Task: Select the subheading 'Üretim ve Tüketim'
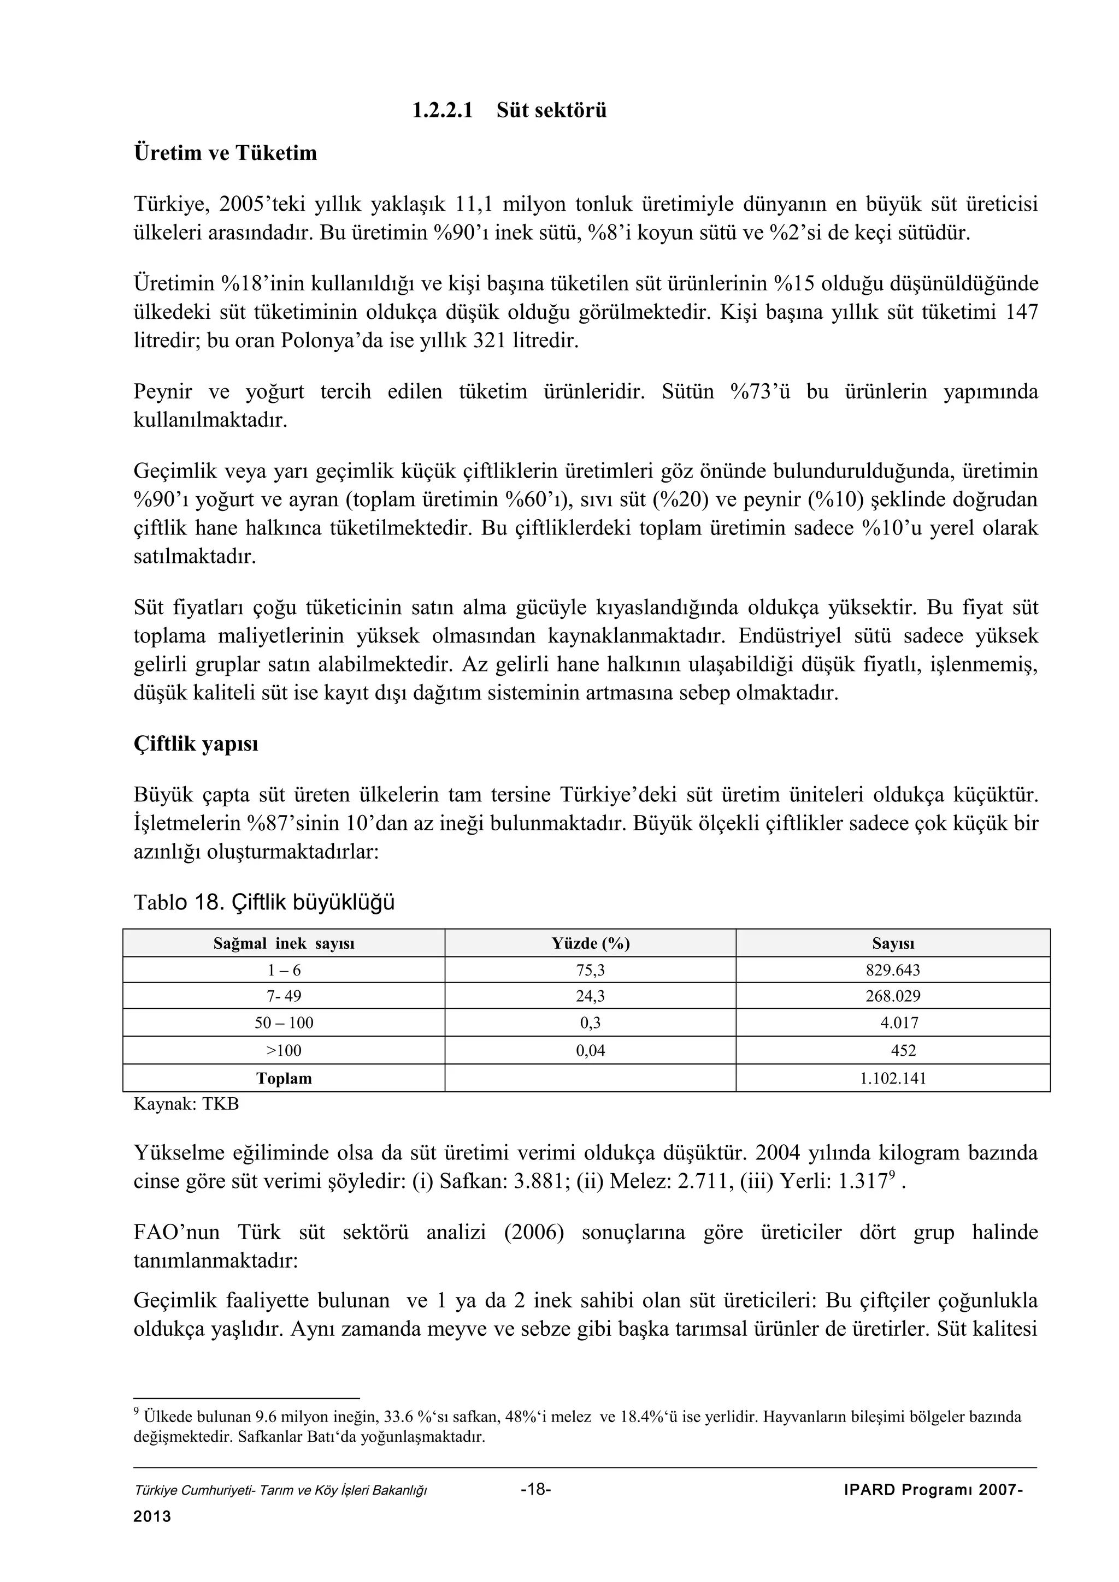(x=225, y=153)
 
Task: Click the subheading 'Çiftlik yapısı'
(x=196, y=744)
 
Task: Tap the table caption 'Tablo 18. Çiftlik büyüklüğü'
(x=264, y=902)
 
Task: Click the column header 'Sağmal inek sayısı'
(x=284, y=943)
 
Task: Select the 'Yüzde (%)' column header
(x=590, y=943)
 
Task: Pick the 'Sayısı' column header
(x=892, y=943)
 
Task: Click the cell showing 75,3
(x=590, y=970)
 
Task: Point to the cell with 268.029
(x=892, y=996)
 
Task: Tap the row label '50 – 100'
(x=284, y=1023)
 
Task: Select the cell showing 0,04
(x=590, y=1051)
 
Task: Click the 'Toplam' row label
(x=284, y=1078)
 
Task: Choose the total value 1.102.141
(x=892, y=1078)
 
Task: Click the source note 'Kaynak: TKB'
(x=186, y=1104)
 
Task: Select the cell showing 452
(x=903, y=1051)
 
